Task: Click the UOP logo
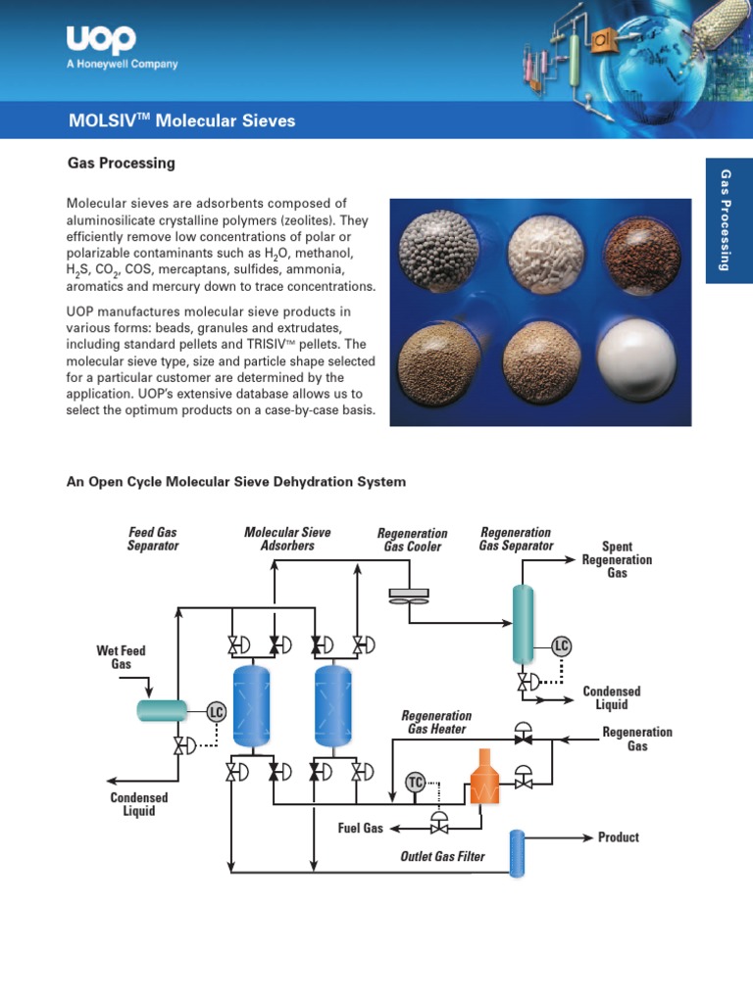coord(101,41)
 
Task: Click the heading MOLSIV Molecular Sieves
coord(181,120)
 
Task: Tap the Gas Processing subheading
coord(121,163)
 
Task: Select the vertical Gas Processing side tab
coord(727,219)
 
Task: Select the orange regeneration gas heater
coord(484,777)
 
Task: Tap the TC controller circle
coord(416,782)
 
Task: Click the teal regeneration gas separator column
coord(523,624)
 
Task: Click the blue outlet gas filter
coord(517,852)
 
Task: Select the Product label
coord(618,837)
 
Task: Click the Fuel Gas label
coord(360,829)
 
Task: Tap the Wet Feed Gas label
coord(121,657)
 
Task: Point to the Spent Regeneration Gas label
coord(617,559)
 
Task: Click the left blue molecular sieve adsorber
coord(252,705)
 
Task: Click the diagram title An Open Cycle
coord(235,482)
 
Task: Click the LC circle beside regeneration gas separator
coord(562,645)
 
